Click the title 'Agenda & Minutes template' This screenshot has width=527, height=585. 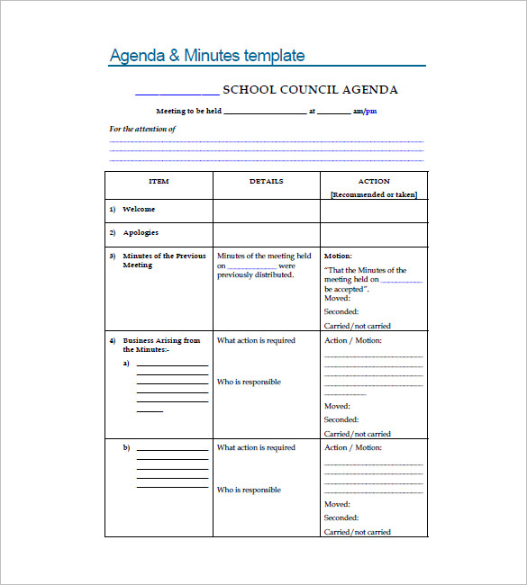(x=207, y=56)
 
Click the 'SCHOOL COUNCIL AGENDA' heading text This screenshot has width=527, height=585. (x=310, y=90)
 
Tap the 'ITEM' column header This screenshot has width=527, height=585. (x=159, y=182)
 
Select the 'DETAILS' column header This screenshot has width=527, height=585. (x=267, y=182)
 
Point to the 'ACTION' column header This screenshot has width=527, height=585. (x=374, y=182)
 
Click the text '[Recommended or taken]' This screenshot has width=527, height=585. (x=374, y=195)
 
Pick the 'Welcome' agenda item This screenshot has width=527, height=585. (x=139, y=210)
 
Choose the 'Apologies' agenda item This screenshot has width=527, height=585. (x=141, y=233)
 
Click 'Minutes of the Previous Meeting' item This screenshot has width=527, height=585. (x=164, y=260)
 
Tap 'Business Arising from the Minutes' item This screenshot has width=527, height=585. (x=161, y=345)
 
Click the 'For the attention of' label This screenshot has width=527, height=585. (x=142, y=129)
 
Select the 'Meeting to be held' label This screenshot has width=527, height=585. (x=188, y=112)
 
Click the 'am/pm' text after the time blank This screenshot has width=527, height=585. (x=365, y=112)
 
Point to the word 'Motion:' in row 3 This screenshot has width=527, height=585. (x=338, y=256)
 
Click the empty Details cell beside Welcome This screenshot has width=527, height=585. (x=267, y=211)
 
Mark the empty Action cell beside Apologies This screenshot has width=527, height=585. (x=374, y=234)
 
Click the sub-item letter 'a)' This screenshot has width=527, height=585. (x=127, y=364)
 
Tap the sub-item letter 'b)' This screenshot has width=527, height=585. (x=127, y=447)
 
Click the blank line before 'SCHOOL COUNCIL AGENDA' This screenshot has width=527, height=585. (x=176, y=92)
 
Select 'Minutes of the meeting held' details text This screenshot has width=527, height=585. (x=264, y=256)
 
